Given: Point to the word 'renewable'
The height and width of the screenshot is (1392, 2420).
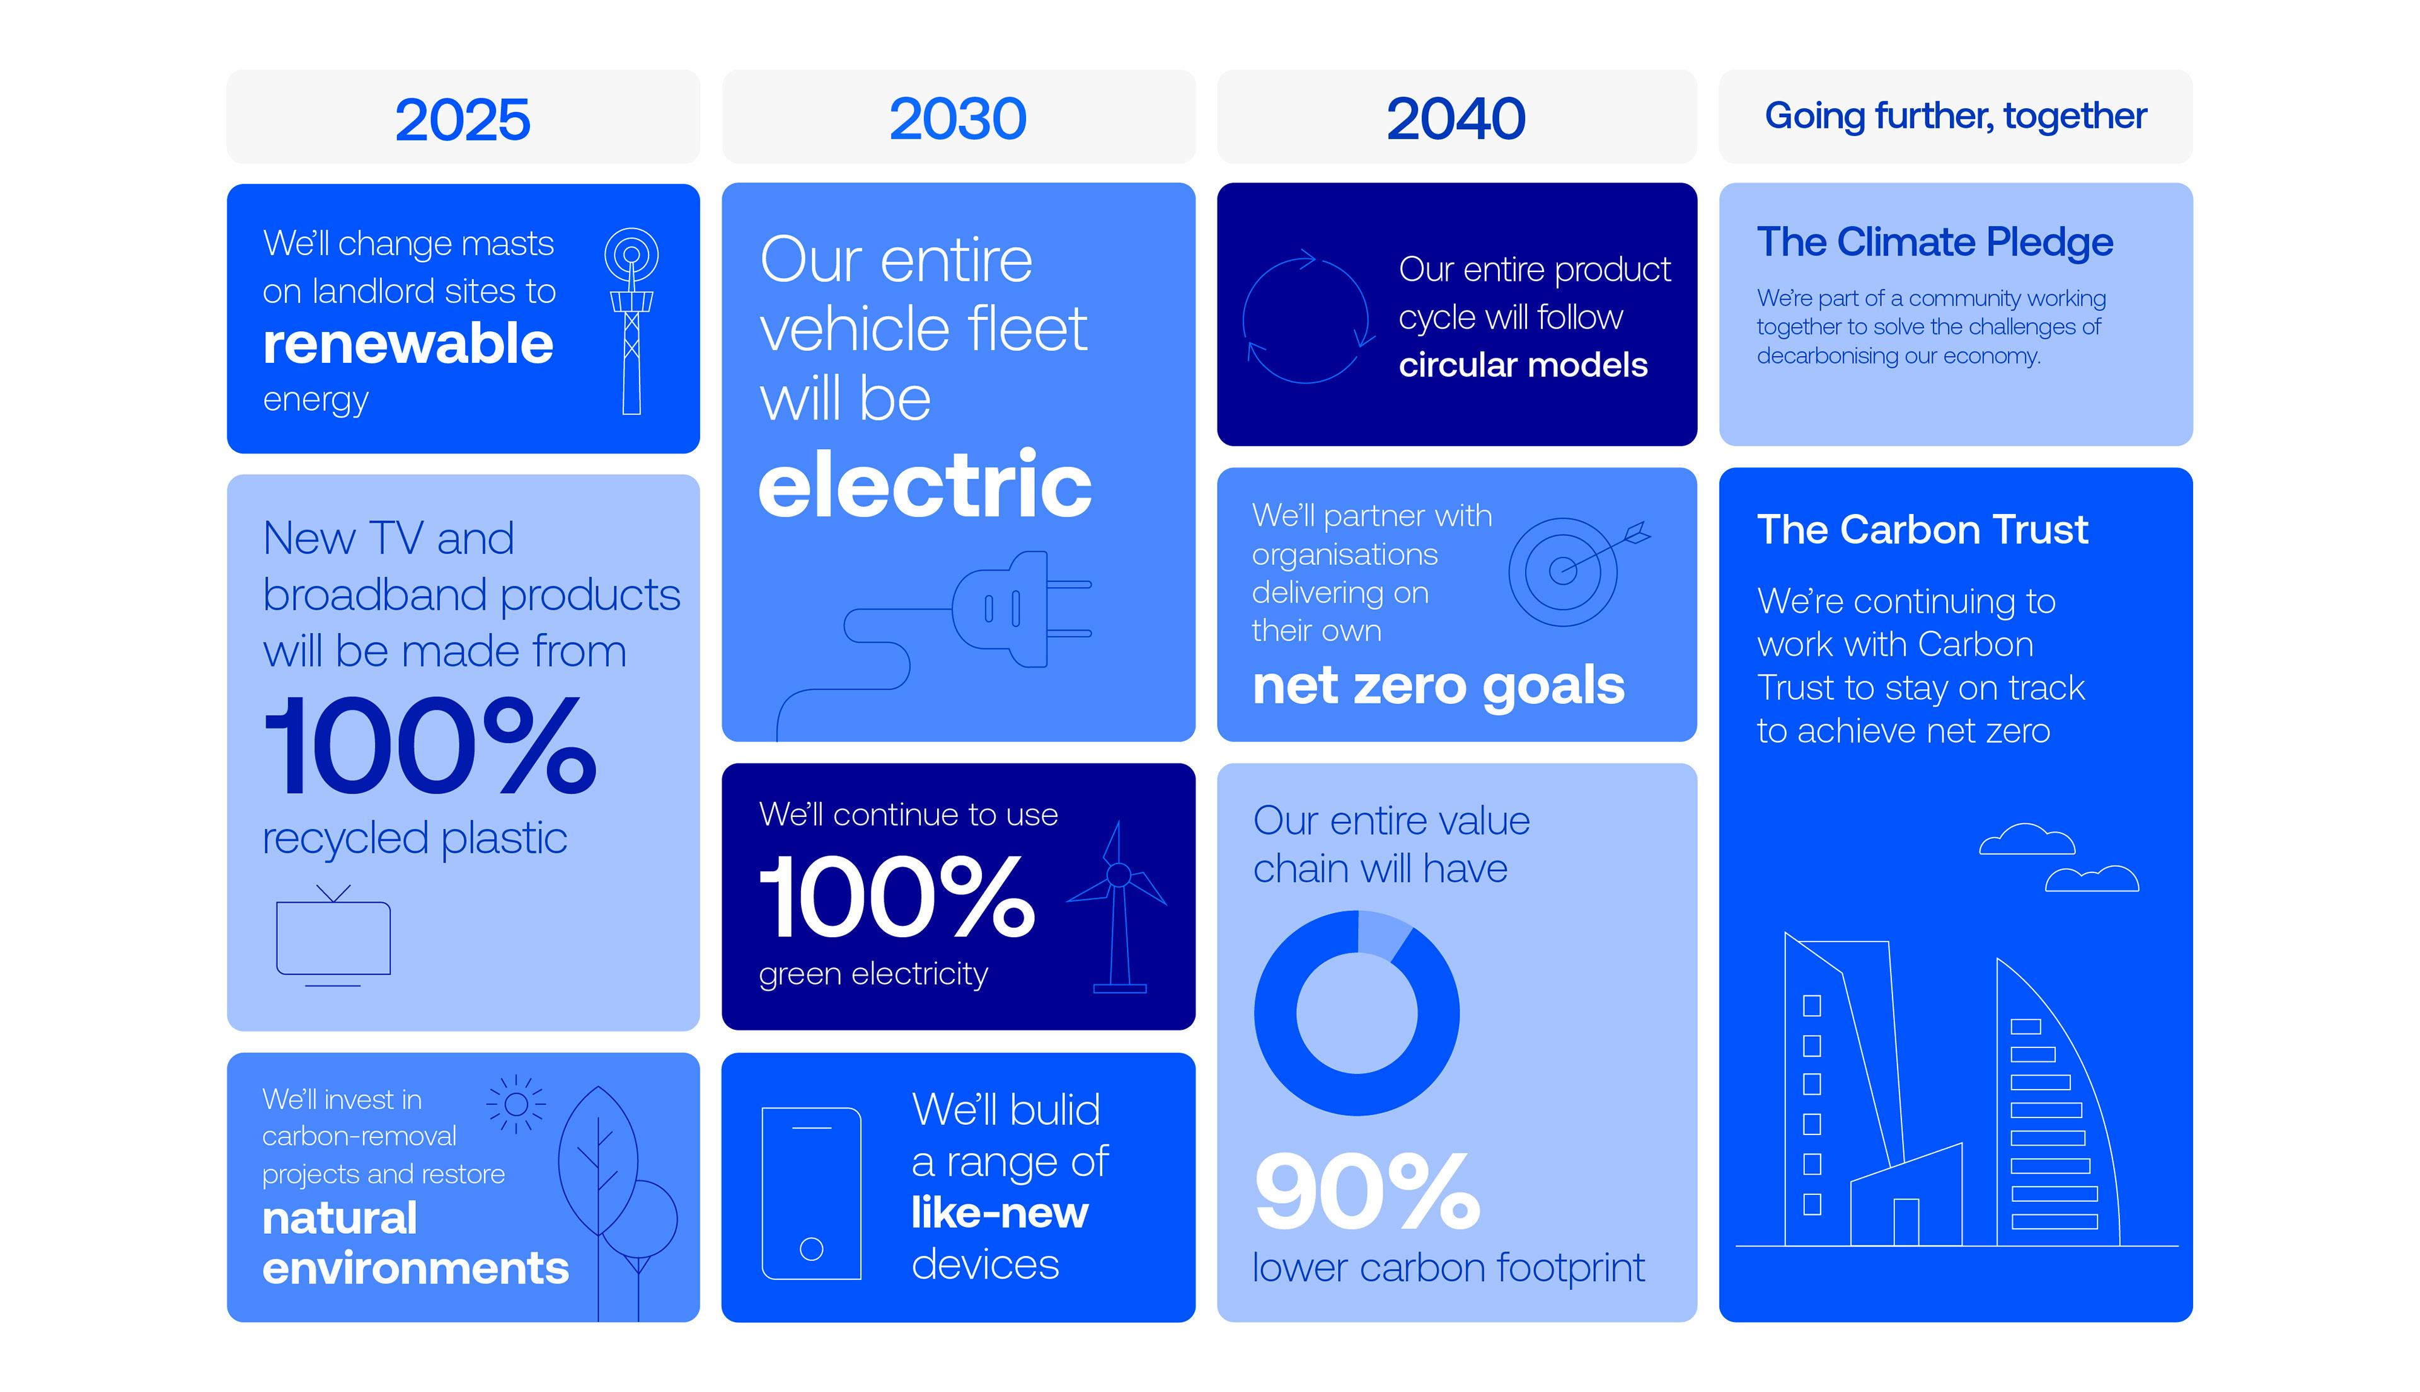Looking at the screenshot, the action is click(x=408, y=343).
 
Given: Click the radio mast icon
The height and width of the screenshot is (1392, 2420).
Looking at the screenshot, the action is click(x=631, y=320).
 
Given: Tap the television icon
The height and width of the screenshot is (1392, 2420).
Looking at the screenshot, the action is click(x=333, y=935).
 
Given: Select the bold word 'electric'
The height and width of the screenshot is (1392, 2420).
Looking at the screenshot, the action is click(x=925, y=485).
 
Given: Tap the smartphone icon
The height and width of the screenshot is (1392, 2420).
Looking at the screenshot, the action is click(x=811, y=1193).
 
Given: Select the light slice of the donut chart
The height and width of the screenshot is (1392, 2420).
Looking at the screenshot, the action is click(x=1384, y=933).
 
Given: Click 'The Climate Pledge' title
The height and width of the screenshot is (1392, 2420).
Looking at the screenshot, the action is click(x=1934, y=242).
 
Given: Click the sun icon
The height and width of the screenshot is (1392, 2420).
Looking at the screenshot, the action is click(x=517, y=1104).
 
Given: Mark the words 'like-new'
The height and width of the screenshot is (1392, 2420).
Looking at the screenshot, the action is click(x=1000, y=1213).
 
